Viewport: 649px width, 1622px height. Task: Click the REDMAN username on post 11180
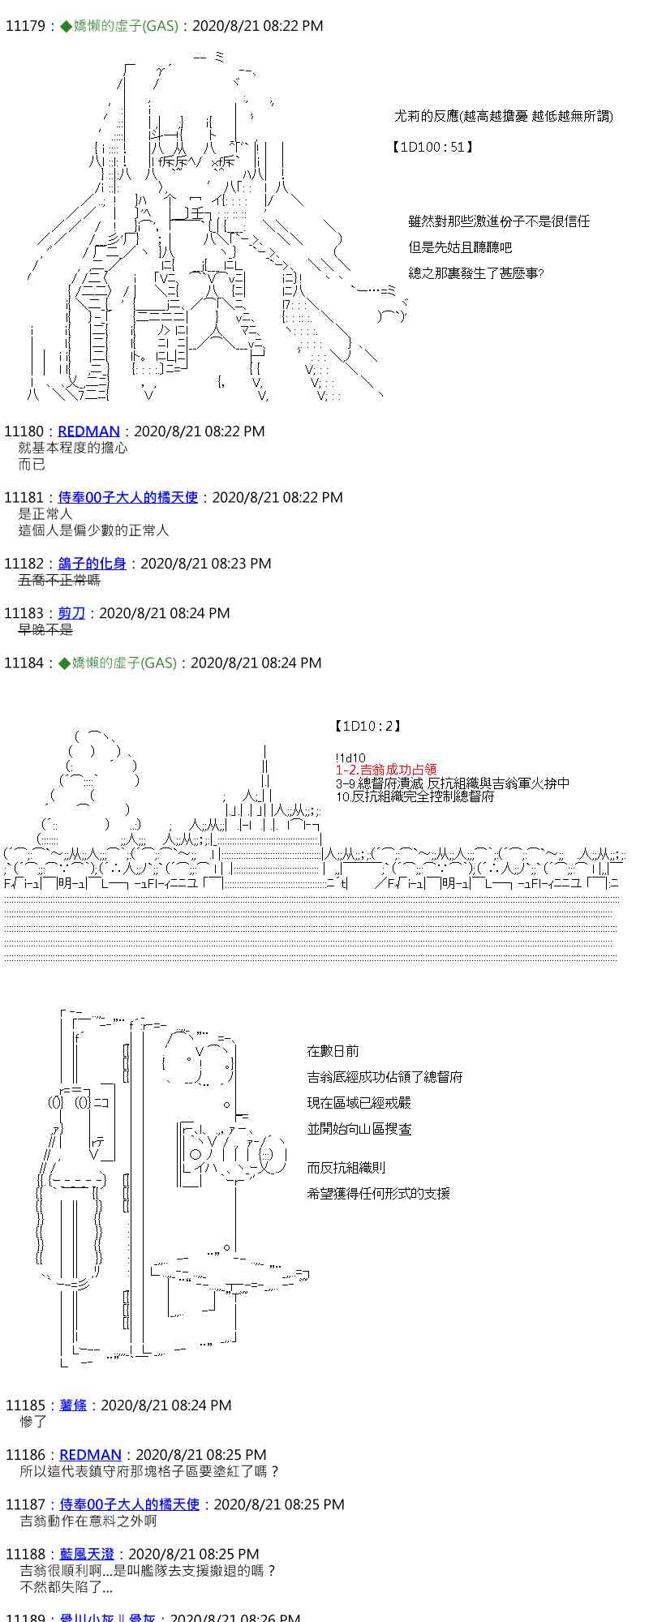click(x=88, y=431)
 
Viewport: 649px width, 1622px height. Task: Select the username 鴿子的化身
click(x=92, y=564)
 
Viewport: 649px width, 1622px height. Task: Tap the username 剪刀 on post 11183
click(x=71, y=613)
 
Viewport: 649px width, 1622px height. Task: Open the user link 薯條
click(x=72, y=1405)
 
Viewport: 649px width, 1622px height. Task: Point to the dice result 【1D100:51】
click(x=432, y=147)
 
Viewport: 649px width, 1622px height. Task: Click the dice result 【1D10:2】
click(x=367, y=726)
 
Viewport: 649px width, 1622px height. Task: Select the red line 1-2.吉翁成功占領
click(x=386, y=770)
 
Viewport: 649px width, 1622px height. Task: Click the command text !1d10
click(x=350, y=757)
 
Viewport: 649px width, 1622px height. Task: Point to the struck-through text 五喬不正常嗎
click(x=59, y=580)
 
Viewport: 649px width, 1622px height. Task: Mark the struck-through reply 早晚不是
click(x=45, y=629)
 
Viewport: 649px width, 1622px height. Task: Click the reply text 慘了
click(x=33, y=1422)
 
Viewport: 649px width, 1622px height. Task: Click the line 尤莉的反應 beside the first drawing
click(x=503, y=116)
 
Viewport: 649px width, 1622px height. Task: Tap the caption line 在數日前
click(x=333, y=1051)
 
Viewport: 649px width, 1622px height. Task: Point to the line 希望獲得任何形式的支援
click(x=378, y=1194)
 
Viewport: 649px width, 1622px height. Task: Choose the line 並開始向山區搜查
click(x=359, y=1129)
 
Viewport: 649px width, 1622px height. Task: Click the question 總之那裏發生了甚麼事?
click(x=475, y=273)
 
